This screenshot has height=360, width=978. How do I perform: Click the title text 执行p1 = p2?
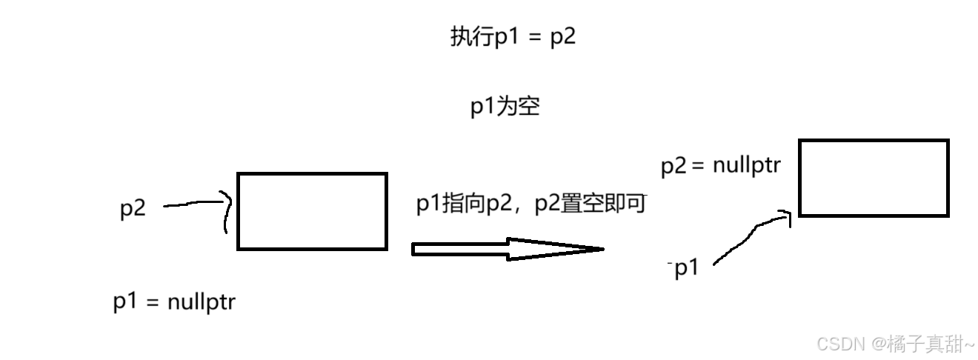click(x=513, y=37)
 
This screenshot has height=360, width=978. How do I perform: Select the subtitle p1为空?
click(x=505, y=107)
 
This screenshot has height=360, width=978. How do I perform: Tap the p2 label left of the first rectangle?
click(x=133, y=209)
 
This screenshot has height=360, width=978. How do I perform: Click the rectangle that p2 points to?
click(x=312, y=211)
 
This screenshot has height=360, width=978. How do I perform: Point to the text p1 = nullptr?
click(x=174, y=302)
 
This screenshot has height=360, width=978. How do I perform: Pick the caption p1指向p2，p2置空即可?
click(x=531, y=204)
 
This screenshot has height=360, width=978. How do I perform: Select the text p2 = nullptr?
click(x=720, y=165)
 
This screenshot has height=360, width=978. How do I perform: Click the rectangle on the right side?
click(x=874, y=178)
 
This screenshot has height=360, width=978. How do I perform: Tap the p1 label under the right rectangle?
click(x=687, y=268)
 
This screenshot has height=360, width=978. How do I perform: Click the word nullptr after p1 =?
click(x=202, y=302)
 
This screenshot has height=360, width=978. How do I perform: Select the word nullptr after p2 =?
click(x=747, y=165)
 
